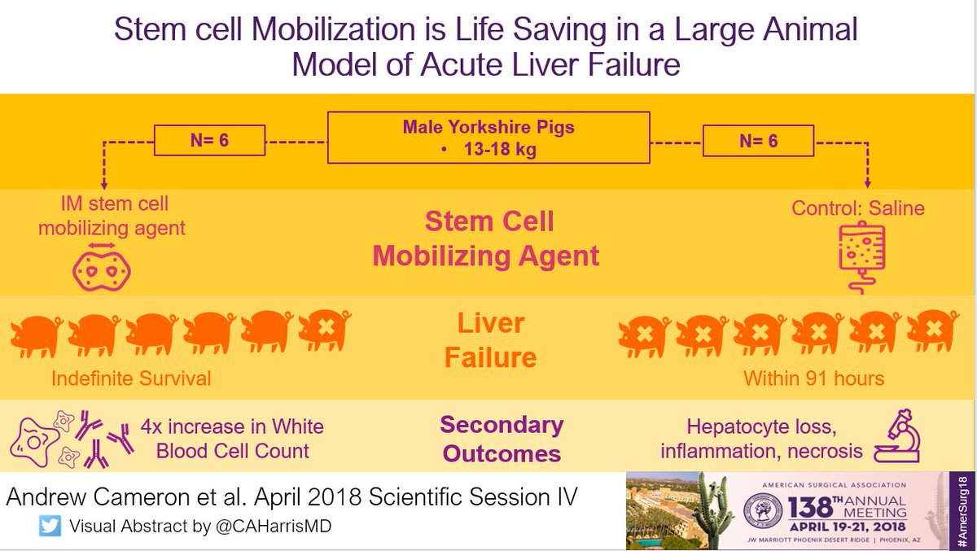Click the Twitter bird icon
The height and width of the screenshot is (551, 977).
point(50,525)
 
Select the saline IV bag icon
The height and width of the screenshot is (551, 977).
point(861,257)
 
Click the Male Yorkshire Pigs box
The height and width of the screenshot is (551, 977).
point(488,138)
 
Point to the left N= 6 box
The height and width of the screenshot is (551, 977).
point(209,140)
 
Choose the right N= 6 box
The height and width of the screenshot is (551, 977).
point(758,141)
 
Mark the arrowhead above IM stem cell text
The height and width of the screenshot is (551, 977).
point(104,185)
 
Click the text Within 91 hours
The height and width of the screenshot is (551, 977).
point(814,378)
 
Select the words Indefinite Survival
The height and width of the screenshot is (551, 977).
point(131,378)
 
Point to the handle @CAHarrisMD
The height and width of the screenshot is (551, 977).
point(274,526)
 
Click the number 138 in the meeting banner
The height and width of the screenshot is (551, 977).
point(810,507)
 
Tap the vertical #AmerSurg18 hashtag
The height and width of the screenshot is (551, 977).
point(962,512)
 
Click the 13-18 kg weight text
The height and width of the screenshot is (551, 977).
point(500,149)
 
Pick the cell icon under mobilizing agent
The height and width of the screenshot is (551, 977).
point(102,271)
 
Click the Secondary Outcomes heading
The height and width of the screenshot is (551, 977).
point(502,439)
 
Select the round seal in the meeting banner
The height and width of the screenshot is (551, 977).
point(763,509)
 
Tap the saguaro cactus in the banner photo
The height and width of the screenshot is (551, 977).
point(711,511)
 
